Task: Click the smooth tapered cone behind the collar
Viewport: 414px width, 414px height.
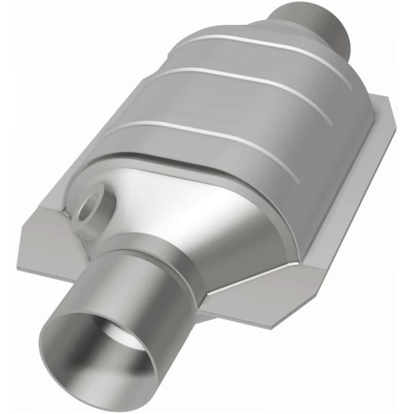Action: (x=207, y=200)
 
